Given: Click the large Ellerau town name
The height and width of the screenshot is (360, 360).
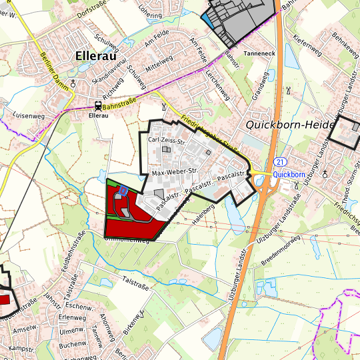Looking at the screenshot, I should (x=97, y=56).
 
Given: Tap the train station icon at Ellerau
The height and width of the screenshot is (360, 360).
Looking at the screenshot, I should (x=99, y=105).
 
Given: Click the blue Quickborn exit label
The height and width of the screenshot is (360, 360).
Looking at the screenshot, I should (x=289, y=174).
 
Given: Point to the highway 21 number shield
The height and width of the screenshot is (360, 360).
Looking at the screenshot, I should (x=280, y=162).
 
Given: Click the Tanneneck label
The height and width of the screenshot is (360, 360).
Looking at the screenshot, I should (x=259, y=52).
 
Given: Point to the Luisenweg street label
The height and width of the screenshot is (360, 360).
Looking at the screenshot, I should (x=28, y=116).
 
